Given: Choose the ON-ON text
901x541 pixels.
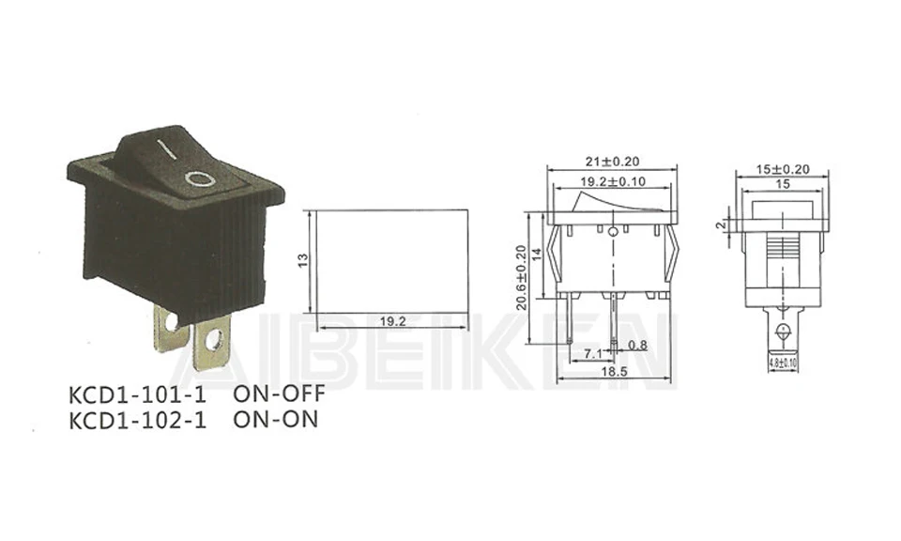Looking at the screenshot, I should pos(275,419).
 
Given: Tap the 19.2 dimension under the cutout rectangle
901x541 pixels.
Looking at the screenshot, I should pos(392,321).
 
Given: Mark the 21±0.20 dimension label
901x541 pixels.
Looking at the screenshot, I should pos(612,161).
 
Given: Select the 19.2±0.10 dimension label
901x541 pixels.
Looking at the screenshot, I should pos(612,182).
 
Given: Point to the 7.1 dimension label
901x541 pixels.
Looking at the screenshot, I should pos(593,354).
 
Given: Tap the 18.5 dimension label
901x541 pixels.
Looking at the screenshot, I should pos(616,373).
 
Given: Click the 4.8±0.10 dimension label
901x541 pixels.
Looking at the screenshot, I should pos(781,362).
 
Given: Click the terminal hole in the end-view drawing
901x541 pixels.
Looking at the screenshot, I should pos(781,331).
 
